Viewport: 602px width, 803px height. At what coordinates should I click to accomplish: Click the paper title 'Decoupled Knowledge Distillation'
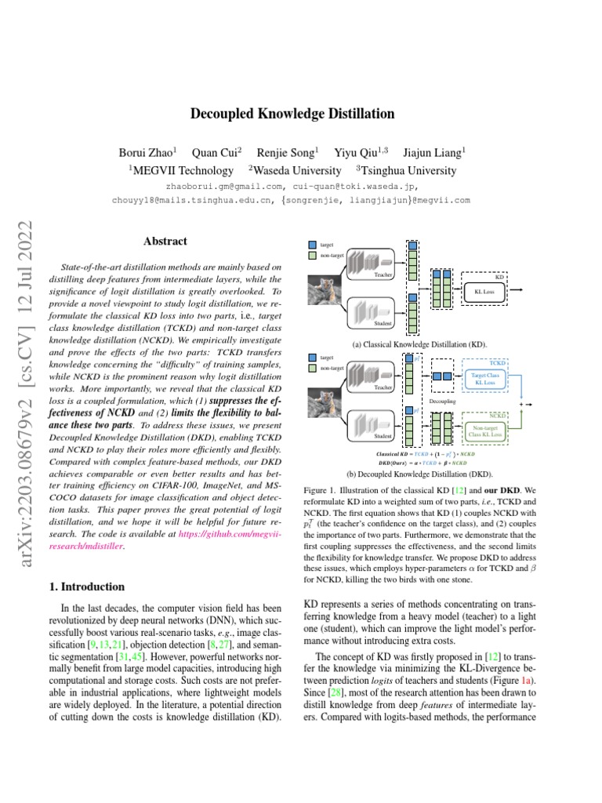click(x=292, y=114)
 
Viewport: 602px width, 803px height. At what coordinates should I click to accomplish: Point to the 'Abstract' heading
click(x=165, y=242)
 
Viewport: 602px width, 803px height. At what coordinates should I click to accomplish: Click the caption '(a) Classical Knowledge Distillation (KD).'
click(x=420, y=344)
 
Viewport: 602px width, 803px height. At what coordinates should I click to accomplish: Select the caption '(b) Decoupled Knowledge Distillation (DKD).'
click(x=420, y=474)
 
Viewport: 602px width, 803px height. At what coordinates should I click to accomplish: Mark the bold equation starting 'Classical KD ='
click(x=420, y=454)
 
